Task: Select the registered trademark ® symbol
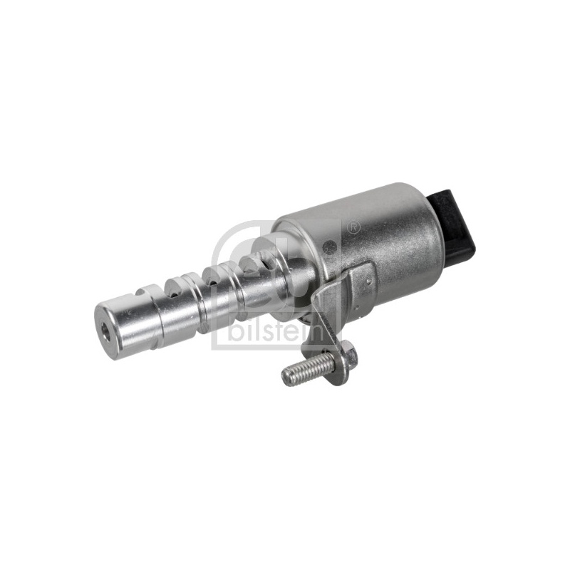click(353, 227)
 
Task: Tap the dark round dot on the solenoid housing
click(330, 244)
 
